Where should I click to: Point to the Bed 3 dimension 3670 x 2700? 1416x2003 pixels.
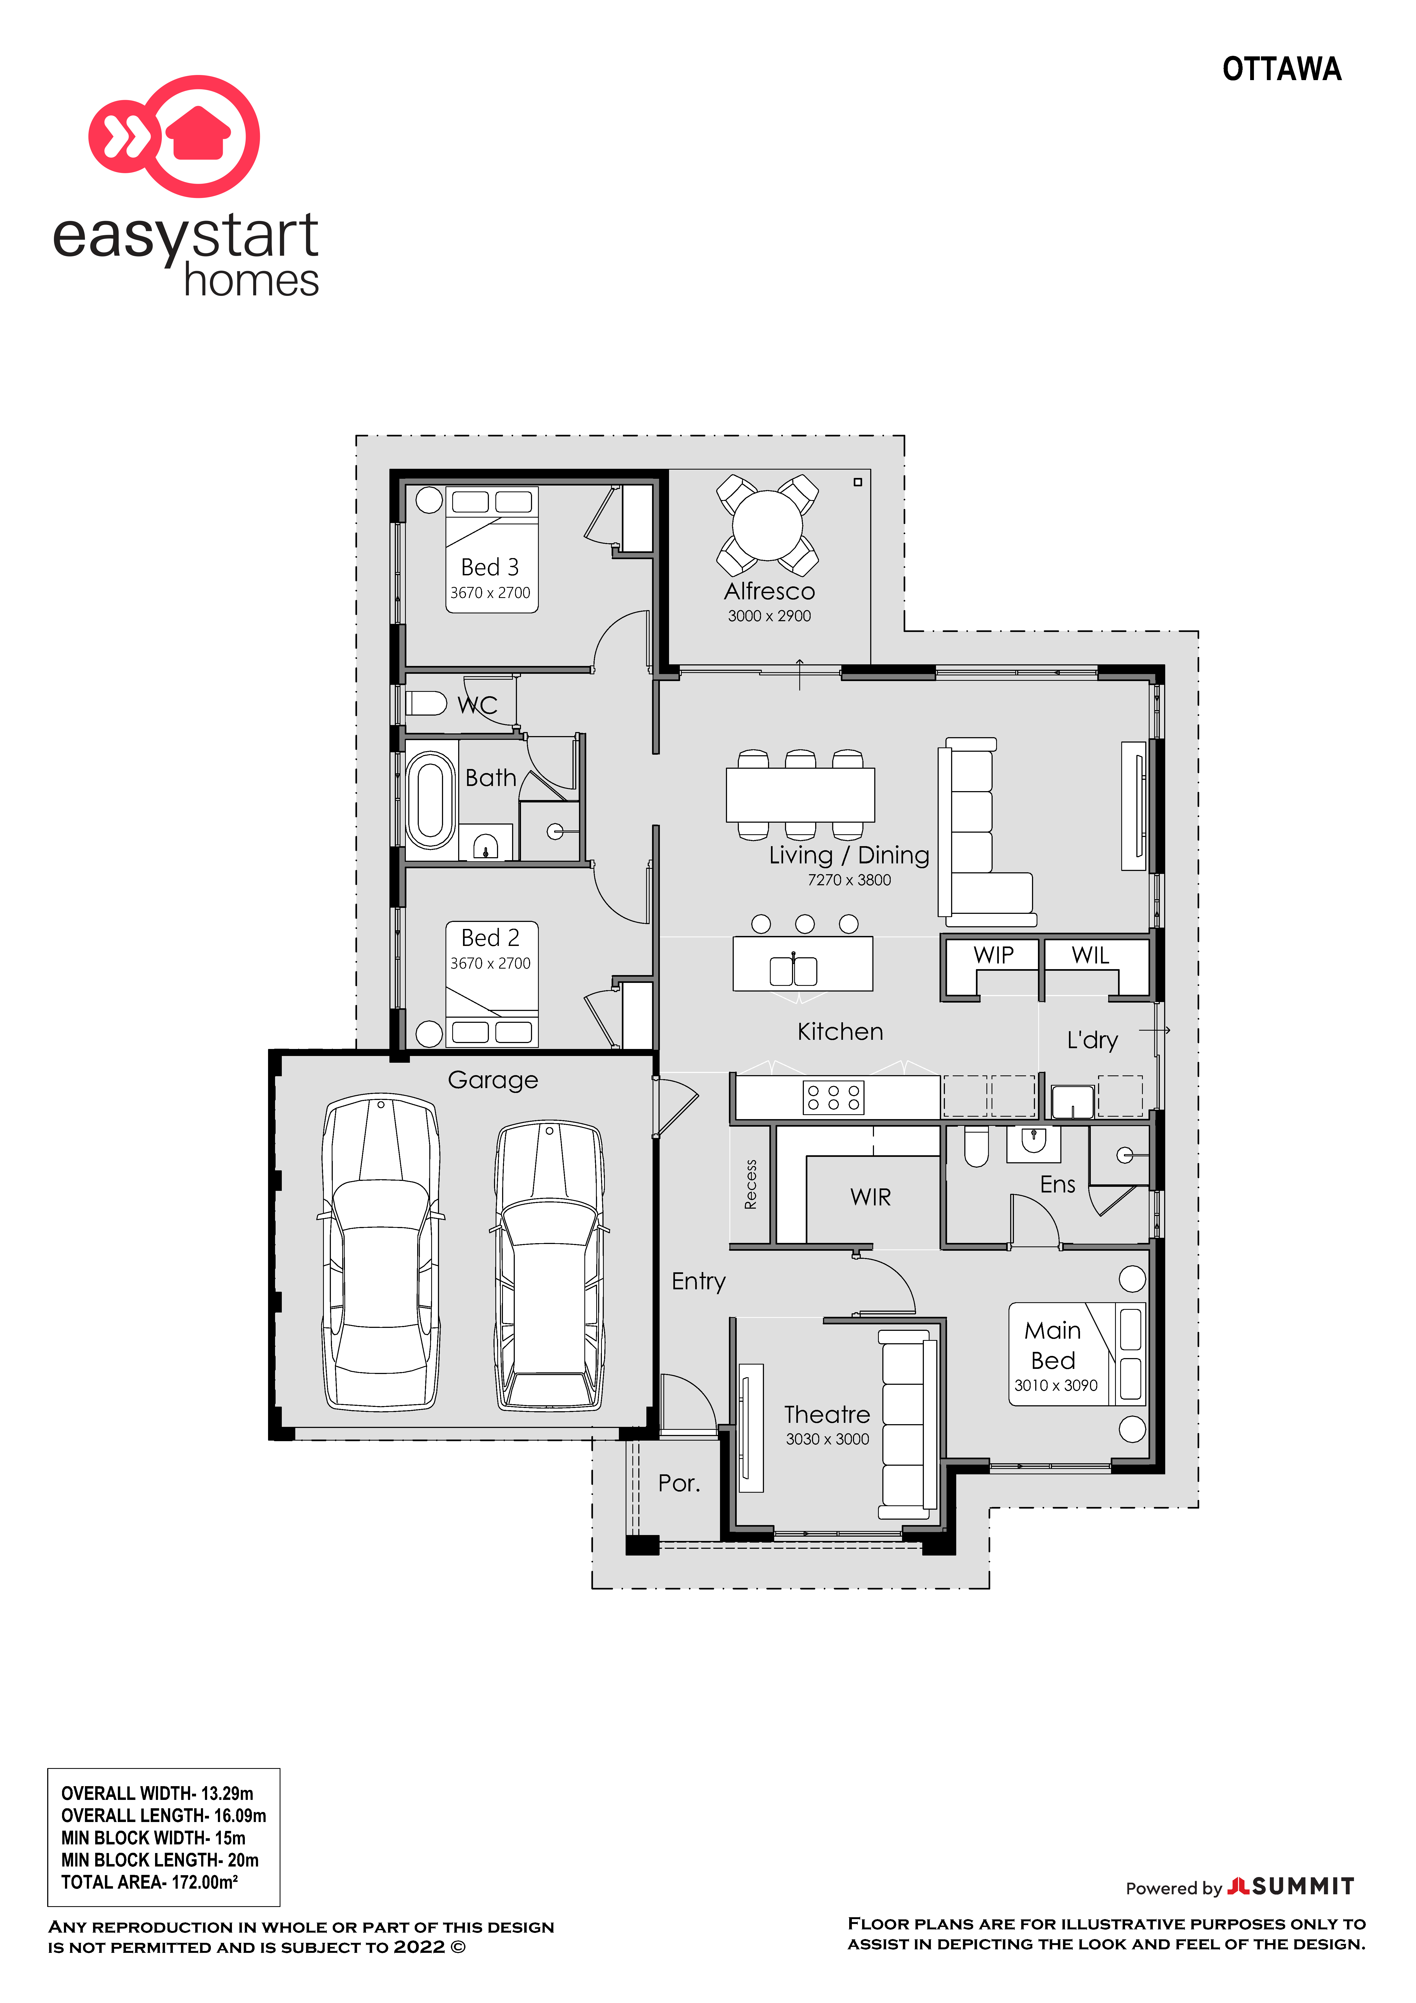(490, 593)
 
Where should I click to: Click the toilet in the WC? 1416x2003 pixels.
(426, 703)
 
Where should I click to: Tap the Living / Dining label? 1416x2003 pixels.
(849, 855)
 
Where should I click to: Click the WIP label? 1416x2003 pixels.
(994, 955)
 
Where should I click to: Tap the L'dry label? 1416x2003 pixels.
(1092, 1040)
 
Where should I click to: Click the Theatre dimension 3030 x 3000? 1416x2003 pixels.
(827, 1440)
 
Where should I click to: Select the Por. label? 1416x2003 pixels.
(679, 1483)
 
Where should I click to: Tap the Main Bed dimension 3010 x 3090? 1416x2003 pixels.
(1056, 1385)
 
